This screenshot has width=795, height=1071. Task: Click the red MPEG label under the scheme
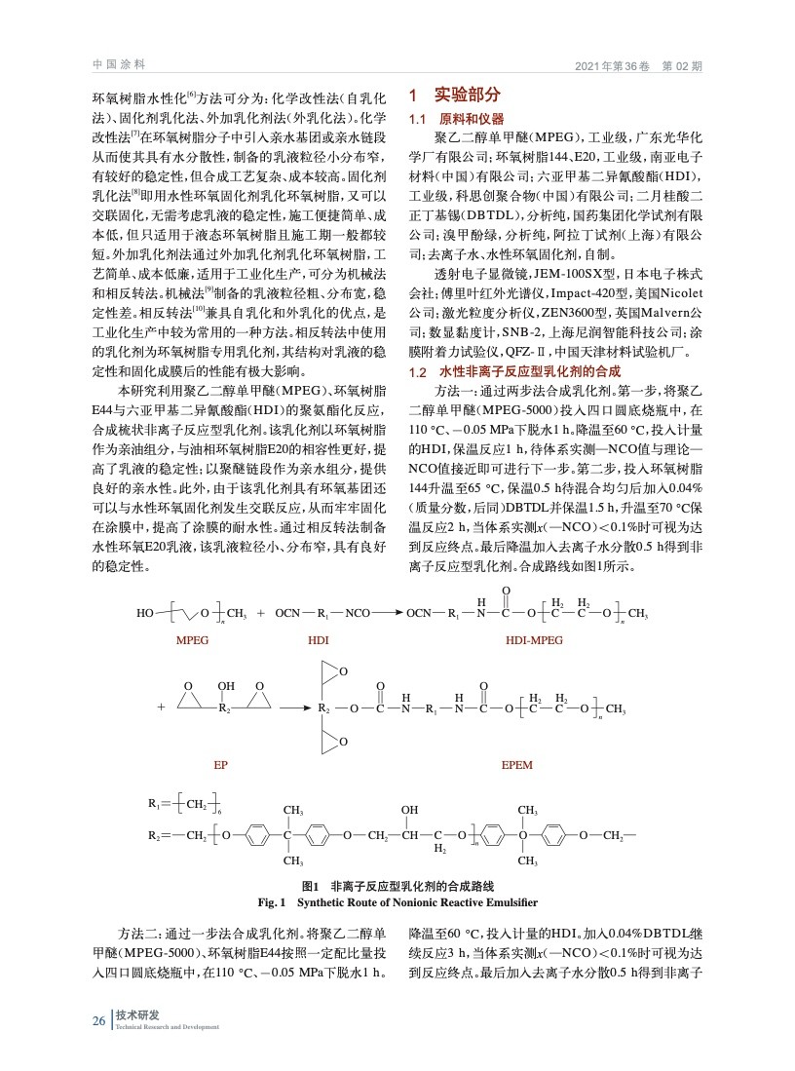tap(193, 642)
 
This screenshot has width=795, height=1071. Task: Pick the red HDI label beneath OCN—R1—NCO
tap(319, 642)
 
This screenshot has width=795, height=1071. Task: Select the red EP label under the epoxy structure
tap(220, 765)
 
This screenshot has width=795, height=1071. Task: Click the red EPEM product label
tap(516, 765)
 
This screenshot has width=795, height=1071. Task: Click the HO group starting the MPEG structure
tap(145, 614)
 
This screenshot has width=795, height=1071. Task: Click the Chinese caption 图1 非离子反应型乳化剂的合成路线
tap(397, 886)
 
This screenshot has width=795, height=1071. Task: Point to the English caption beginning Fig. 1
tap(397, 901)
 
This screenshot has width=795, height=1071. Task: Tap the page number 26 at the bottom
tap(98, 1020)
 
